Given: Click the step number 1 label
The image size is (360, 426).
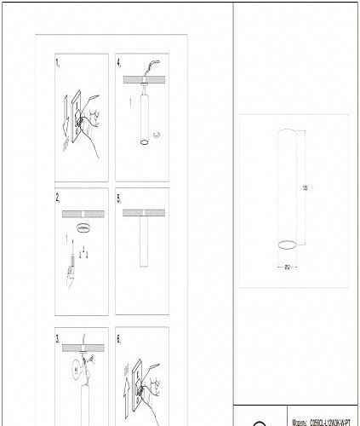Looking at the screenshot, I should pos(58,64).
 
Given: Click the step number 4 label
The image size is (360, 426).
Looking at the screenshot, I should pos(120,64).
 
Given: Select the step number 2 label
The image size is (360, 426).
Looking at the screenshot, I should pos(58,198).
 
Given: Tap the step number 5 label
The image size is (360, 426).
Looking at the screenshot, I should pos(120,198).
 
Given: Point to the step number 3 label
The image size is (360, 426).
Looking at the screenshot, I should pos(58,337).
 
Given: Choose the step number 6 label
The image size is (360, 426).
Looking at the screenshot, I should pos(120,337).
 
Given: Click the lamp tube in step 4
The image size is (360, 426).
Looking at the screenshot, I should pos(143,119).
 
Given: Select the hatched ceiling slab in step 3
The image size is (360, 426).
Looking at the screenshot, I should pos(81,345).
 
